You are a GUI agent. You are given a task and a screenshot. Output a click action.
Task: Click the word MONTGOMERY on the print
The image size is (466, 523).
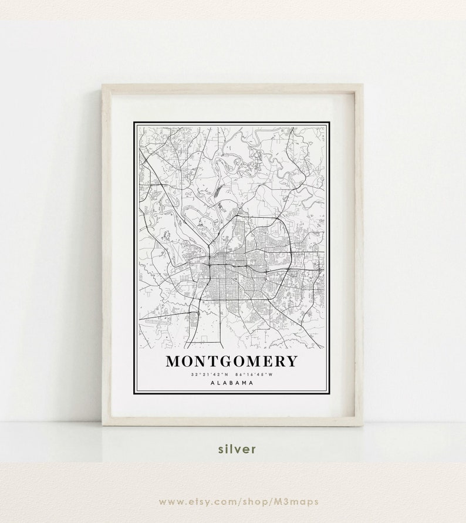click(x=232, y=360)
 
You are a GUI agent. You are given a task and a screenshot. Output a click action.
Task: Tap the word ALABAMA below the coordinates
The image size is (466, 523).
click(x=232, y=383)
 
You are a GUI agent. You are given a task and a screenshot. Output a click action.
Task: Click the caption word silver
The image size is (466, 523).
click(x=237, y=449)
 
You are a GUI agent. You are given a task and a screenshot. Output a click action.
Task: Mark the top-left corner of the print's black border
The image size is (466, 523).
click(x=134, y=123)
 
